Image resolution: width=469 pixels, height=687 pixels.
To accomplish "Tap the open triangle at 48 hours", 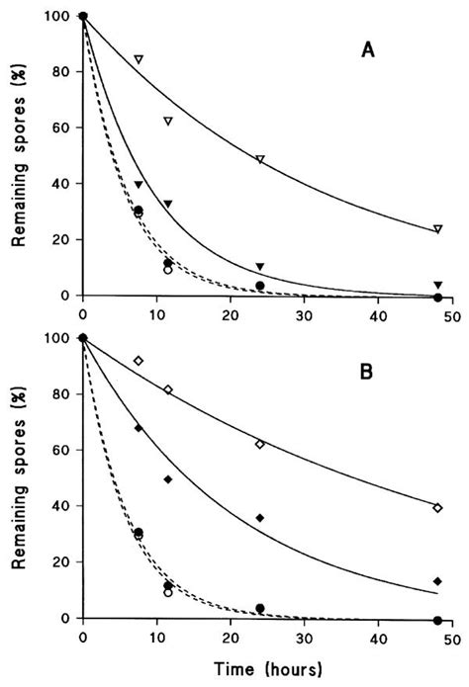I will point(437,229).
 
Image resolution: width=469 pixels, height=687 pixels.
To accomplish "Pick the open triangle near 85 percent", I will point(139,60).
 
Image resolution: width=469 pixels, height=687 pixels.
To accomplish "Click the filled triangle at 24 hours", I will point(259,267).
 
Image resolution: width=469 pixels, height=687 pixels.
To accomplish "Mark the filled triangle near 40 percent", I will point(139,185).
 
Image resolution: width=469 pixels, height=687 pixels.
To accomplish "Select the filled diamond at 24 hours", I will point(259,518).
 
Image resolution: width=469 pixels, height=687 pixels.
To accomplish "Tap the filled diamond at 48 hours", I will point(437,581).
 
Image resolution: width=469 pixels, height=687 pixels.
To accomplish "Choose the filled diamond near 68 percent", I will point(139,428).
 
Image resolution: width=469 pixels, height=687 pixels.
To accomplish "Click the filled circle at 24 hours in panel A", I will point(259,286).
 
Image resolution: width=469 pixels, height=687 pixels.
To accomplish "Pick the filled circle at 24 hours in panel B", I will point(259,608).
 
